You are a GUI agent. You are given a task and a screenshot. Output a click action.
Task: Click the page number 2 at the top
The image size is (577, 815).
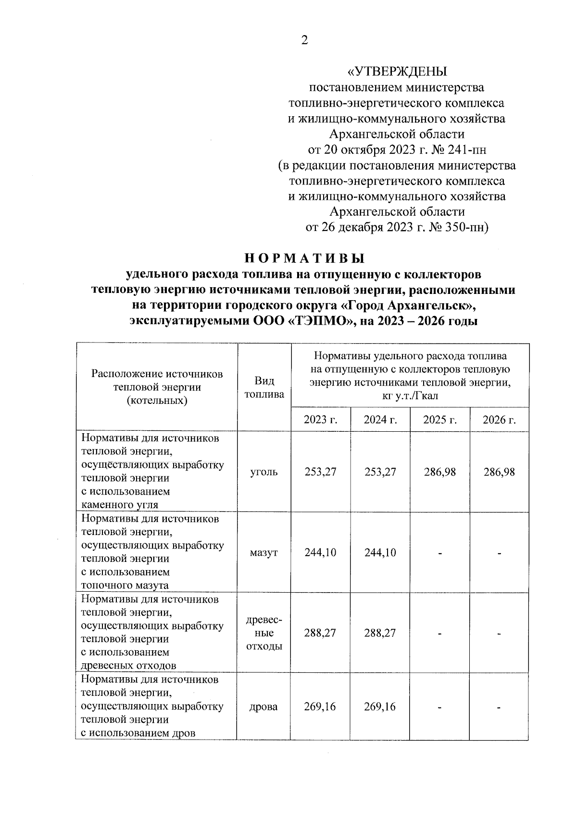[304, 40]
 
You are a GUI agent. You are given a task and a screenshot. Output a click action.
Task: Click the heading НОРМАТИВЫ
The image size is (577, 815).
[305, 258]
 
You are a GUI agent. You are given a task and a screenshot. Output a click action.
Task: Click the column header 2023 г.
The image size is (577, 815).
[320, 420]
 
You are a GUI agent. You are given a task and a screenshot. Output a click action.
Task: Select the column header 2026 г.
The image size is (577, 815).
[499, 420]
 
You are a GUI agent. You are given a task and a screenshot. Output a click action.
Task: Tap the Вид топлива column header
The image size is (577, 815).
[264, 388]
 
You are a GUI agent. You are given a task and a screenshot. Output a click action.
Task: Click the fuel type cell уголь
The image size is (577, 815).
[264, 472]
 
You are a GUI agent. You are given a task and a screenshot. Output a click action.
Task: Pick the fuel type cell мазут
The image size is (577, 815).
[264, 553]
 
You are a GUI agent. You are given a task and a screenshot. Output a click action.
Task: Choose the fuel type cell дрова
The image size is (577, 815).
[264, 707]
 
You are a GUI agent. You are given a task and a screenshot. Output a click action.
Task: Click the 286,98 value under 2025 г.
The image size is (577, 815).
[439, 472]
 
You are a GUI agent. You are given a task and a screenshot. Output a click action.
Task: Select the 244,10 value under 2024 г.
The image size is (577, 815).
[380, 553]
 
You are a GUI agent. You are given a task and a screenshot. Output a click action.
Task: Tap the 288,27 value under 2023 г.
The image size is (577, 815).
[320, 633]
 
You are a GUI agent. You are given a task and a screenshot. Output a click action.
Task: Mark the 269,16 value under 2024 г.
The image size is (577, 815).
[380, 707]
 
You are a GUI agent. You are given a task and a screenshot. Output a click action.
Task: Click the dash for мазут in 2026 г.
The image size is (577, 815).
[499, 554]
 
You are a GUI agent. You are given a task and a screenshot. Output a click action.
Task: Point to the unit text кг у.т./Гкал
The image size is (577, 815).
[410, 396]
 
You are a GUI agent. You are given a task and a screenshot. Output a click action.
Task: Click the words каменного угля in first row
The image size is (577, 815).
[120, 505]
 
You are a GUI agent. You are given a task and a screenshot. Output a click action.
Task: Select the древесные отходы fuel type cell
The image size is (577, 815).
[264, 633]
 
